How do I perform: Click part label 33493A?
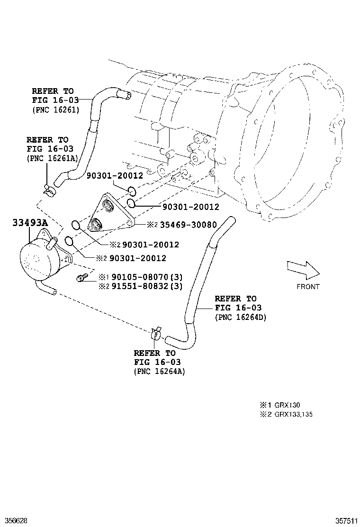(x=30, y=223)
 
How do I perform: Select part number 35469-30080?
(x=189, y=225)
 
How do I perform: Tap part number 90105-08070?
(x=140, y=277)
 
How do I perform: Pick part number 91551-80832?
(x=140, y=286)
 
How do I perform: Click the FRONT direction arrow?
(x=303, y=270)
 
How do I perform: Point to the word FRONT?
(x=308, y=287)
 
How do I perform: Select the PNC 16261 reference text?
(x=56, y=110)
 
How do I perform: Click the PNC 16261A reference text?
(x=53, y=159)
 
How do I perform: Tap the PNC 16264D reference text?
(x=241, y=317)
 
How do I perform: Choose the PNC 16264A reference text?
(x=160, y=372)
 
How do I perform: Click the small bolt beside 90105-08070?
(x=82, y=277)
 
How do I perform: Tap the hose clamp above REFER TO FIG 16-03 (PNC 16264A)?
(x=156, y=333)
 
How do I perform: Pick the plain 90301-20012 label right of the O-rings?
(x=191, y=207)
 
